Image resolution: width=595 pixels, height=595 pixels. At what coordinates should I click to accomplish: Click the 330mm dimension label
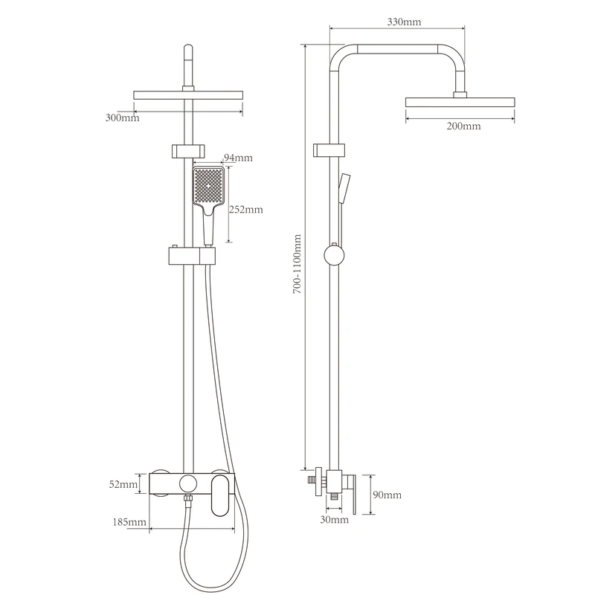(x=404, y=22)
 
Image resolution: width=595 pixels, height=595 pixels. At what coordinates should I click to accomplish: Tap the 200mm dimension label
(x=463, y=126)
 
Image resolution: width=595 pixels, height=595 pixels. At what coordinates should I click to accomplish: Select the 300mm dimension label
(x=122, y=118)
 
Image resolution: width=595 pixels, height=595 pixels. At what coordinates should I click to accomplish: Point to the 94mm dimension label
(x=238, y=158)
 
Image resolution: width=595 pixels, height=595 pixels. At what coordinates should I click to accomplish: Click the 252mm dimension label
(x=246, y=210)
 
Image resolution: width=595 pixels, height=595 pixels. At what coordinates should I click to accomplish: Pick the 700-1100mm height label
(x=297, y=264)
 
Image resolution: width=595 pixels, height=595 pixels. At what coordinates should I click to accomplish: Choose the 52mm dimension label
(x=123, y=485)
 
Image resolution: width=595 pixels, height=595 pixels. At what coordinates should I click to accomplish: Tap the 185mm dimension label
(x=129, y=523)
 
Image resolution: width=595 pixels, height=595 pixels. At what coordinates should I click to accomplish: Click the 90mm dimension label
(x=387, y=495)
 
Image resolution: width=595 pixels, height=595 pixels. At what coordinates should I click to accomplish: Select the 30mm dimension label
(x=334, y=519)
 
